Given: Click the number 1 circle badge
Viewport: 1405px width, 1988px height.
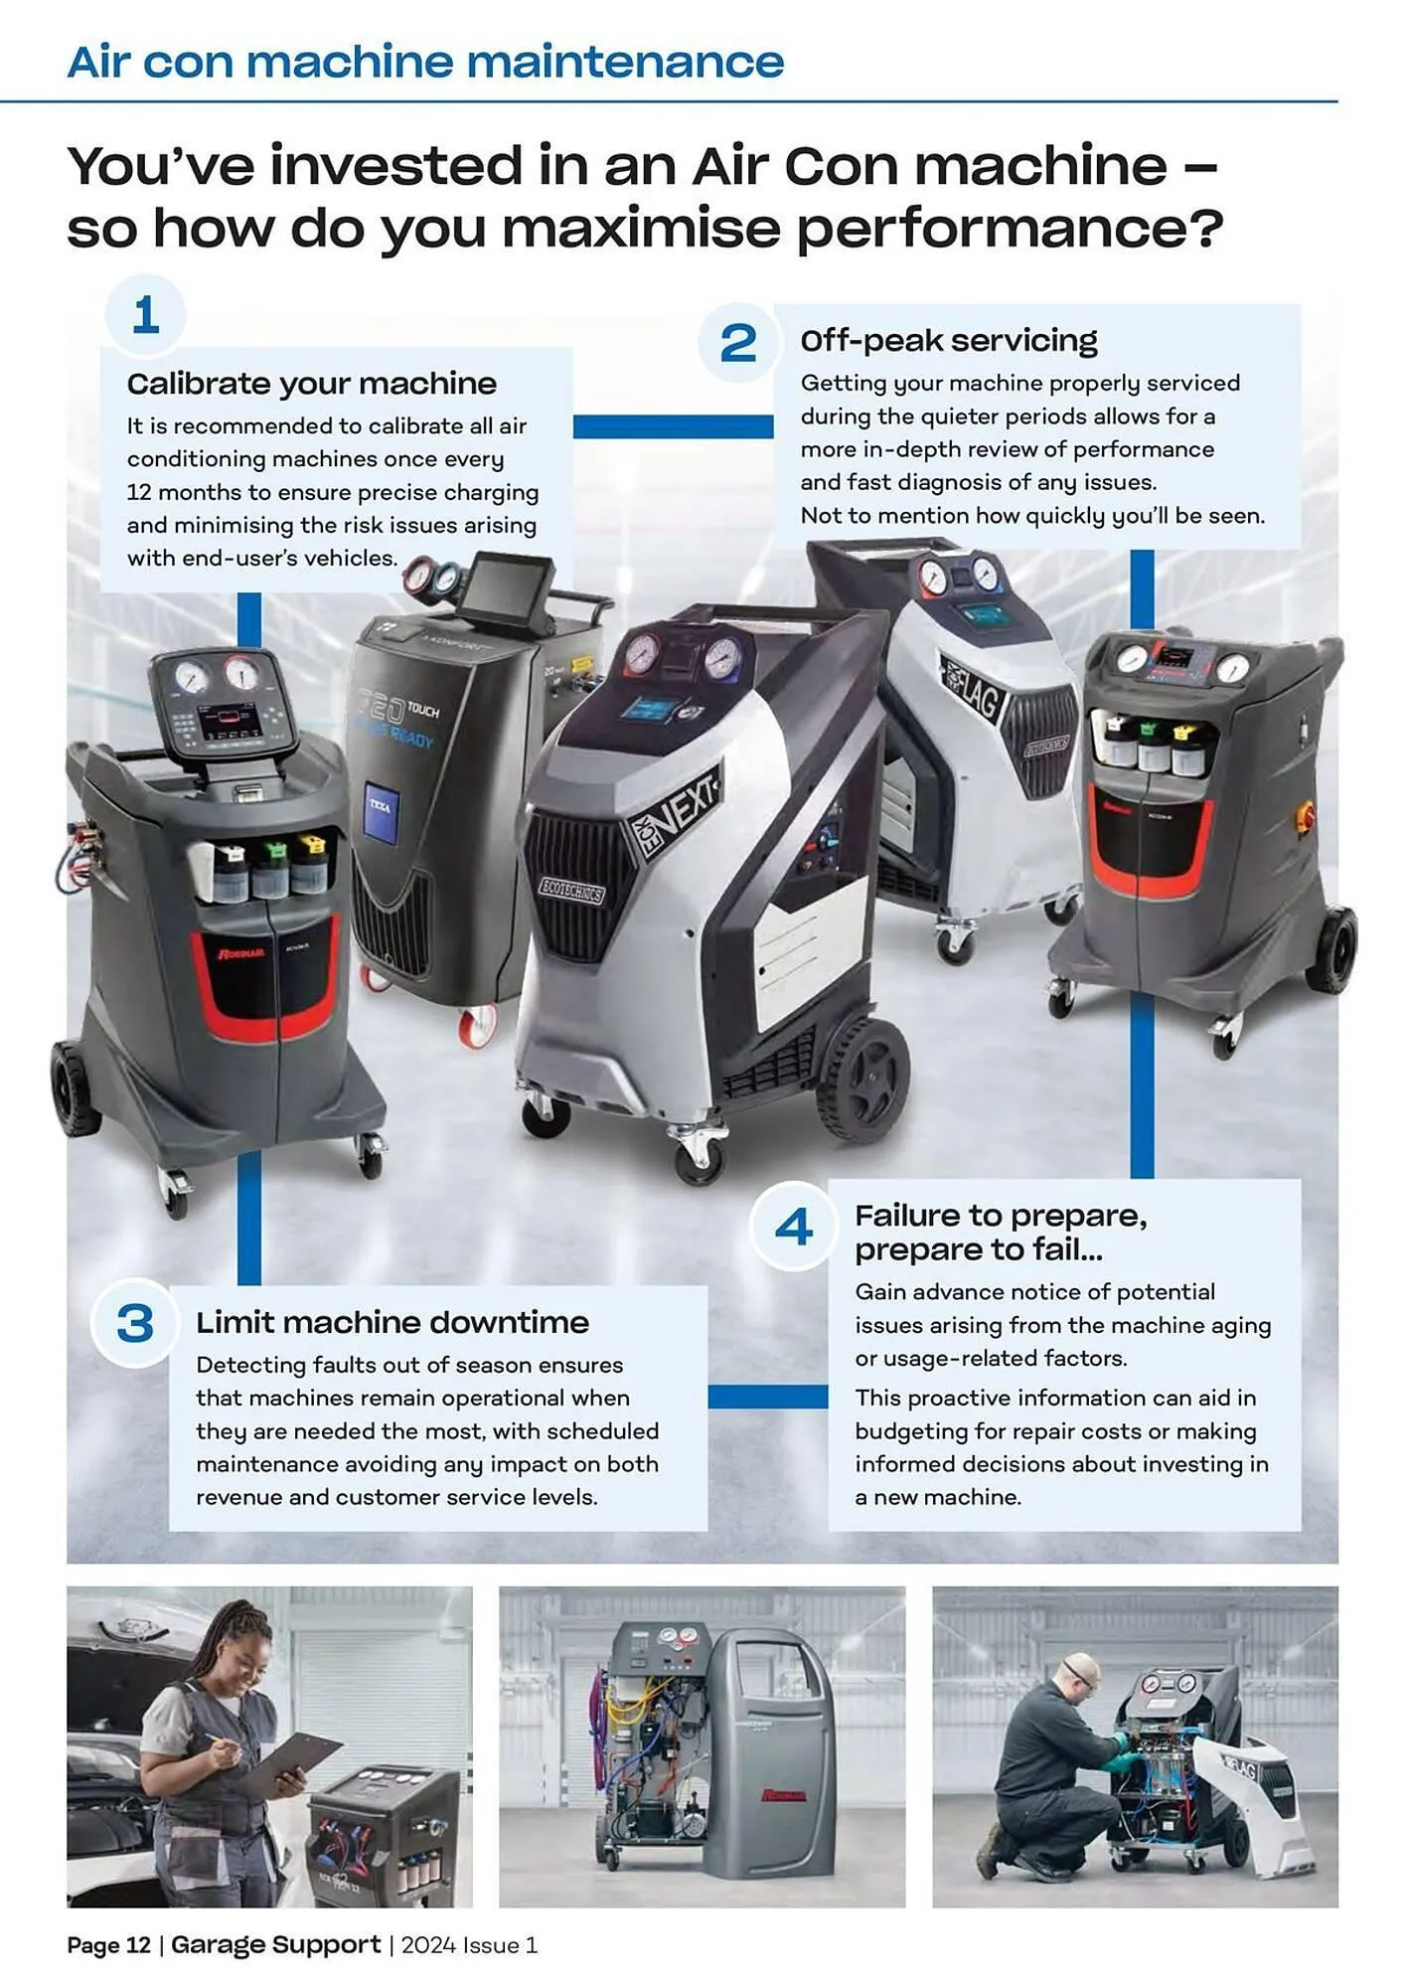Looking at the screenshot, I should click(x=145, y=315).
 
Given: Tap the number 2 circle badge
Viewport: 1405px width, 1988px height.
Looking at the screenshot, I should click(x=737, y=343).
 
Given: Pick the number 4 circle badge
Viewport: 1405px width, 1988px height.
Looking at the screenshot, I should click(x=793, y=1227).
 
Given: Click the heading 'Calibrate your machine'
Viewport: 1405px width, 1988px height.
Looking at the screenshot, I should click(x=311, y=384).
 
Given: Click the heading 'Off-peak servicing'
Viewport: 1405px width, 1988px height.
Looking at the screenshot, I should click(x=948, y=341).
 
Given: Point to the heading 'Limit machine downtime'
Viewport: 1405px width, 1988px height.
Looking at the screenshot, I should click(x=391, y=1323).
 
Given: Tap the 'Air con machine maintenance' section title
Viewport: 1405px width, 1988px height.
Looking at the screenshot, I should click(x=425, y=62).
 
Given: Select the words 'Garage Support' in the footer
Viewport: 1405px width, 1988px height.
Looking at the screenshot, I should click(x=275, y=1944).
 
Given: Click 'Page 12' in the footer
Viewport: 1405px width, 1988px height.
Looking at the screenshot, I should click(x=108, y=1945).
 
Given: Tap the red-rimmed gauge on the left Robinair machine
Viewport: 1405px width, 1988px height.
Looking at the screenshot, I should click(x=240, y=673).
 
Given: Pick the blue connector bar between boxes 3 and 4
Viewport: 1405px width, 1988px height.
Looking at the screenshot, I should click(x=767, y=1398).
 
